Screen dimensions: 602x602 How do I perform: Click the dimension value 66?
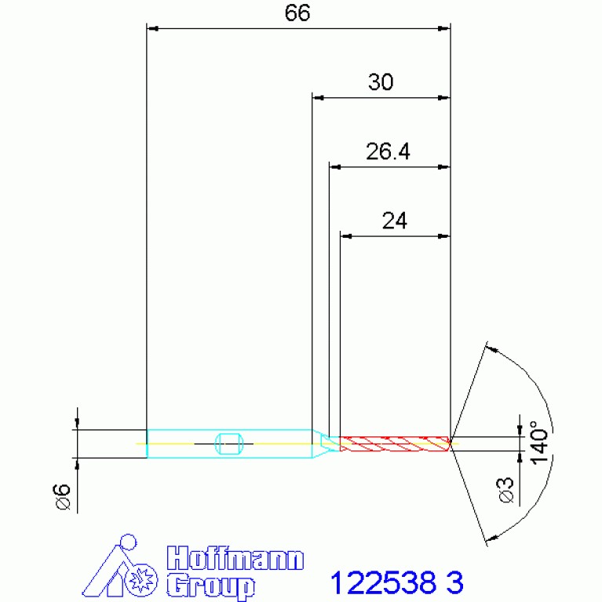[297, 13]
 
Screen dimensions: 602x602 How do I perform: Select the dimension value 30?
[381, 82]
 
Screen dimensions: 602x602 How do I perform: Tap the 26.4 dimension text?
[388, 151]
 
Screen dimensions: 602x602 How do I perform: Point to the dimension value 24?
[394, 221]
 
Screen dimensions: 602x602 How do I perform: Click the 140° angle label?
[539, 443]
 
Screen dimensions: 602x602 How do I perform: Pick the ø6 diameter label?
[63, 497]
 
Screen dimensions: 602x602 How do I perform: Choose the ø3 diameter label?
[506, 491]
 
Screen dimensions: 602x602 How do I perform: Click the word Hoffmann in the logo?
[235, 558]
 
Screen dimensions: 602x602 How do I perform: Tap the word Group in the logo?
[210, 586]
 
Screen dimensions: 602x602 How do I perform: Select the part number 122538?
[383, 582]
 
